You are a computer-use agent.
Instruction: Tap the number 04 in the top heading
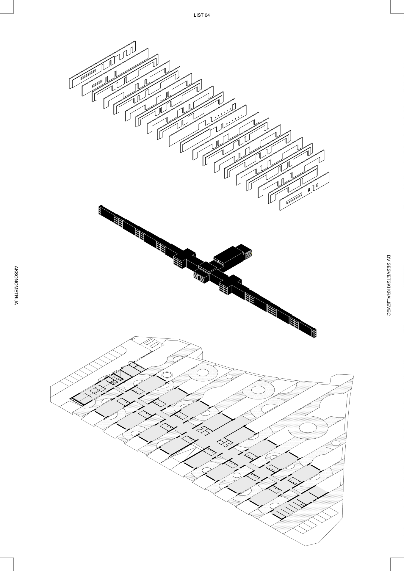pos(207,15)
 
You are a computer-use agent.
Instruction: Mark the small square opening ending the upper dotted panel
pos(234,105)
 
